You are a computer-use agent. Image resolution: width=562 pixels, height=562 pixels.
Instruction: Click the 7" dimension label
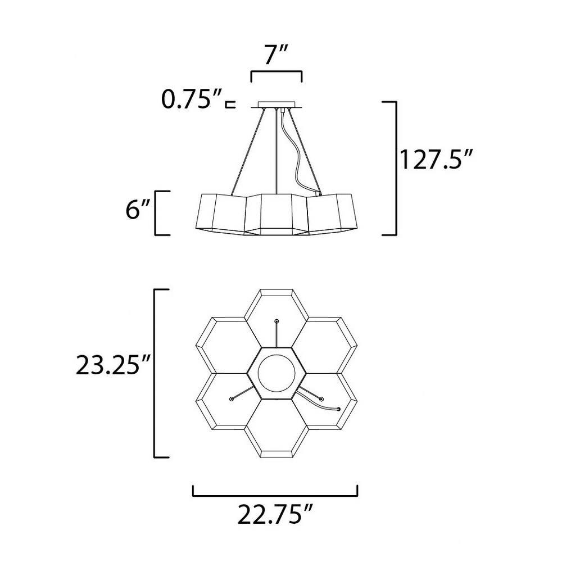click(x=277, y=55)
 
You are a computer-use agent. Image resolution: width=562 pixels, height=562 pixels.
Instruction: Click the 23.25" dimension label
click(x=112, y=365)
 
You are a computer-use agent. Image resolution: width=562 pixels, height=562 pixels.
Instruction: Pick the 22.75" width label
click(x=275, y=514)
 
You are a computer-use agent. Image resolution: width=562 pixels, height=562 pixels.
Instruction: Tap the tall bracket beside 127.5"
click(x=395, y=168)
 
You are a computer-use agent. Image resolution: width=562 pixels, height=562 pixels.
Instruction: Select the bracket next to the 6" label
click(x=156, y=213)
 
